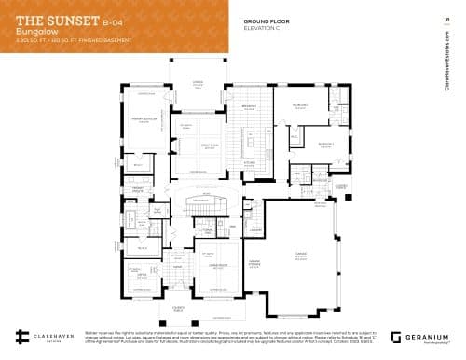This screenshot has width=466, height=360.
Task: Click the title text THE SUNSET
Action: point(50,18)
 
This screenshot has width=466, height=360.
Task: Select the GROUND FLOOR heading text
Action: point(267,20)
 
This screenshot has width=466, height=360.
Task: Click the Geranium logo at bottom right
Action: point(424,337)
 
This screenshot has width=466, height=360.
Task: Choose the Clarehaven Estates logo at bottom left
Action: point(42,338)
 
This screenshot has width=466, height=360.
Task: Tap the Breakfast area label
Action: point(250,106)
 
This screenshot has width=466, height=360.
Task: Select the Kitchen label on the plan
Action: point(250,162)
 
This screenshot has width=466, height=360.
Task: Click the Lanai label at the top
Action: point(198,83)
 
